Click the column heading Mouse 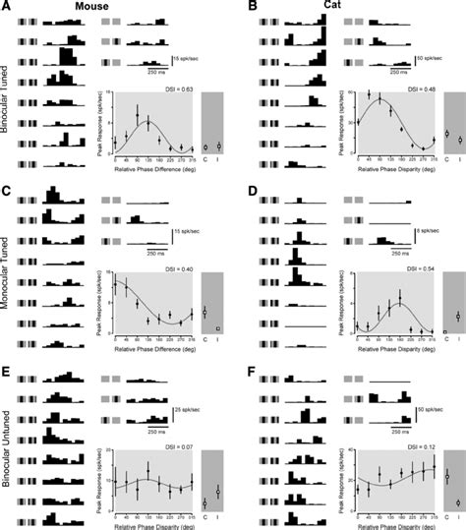(93, 7)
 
